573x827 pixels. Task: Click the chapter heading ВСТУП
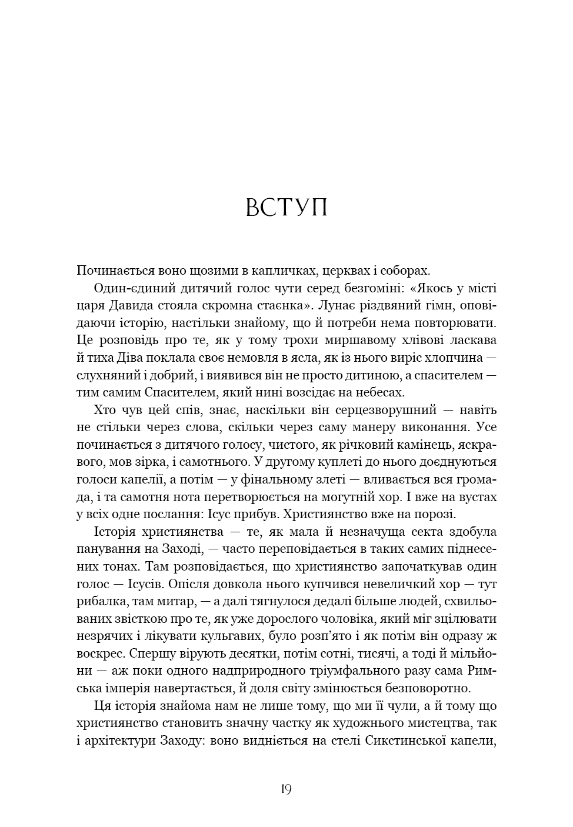coord(286,208)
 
